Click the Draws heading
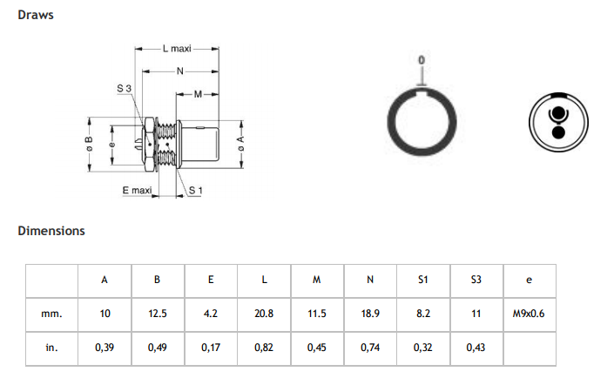coord(36,15)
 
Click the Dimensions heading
coord(51,231)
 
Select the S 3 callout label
coord(124,89)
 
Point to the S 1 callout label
coord(195,190)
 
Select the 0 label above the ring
coord(422,60)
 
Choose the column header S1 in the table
coord(423,280)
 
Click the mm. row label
coord(51,313)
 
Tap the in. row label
coord(51,347)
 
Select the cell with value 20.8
coord(264,313)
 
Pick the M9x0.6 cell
coord(530,313)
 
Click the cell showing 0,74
coord(370,347)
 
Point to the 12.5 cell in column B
coord(158,313)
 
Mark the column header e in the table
coord(530,280)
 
